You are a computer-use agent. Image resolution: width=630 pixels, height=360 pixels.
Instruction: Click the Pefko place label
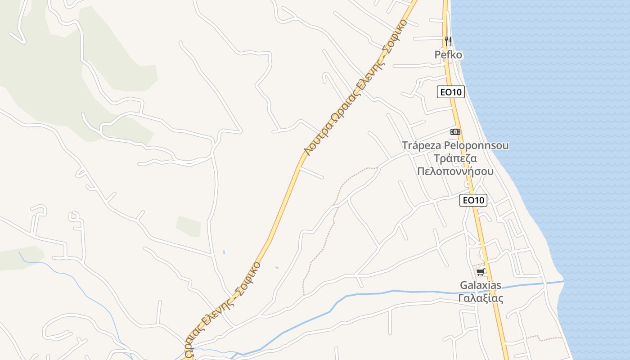pos(448,55)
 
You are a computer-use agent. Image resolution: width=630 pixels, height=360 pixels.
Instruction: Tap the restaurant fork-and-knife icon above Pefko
pos(448,41)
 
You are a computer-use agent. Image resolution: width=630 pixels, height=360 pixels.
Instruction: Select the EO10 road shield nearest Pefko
pos(450,92)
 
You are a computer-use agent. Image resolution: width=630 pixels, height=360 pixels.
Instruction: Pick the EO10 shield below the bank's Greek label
pos(473,200)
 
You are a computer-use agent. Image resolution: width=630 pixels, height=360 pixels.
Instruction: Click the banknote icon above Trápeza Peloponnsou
pos(455,132)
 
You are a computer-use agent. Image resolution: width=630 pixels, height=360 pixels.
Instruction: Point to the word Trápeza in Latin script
pos(421,146)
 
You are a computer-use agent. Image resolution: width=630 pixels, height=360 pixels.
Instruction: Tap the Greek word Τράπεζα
pos(455,159)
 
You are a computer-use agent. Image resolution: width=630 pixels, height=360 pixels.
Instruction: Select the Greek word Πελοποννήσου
pos(455,171)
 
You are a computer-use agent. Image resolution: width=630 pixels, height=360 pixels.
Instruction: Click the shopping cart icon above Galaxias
pos(481,272)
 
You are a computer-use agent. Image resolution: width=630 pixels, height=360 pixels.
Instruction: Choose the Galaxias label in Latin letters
pos(481,285)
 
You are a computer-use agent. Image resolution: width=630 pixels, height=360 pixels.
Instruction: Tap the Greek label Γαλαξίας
pos(481,298)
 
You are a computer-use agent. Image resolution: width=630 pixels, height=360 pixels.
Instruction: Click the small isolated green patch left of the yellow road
pos(189,226)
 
